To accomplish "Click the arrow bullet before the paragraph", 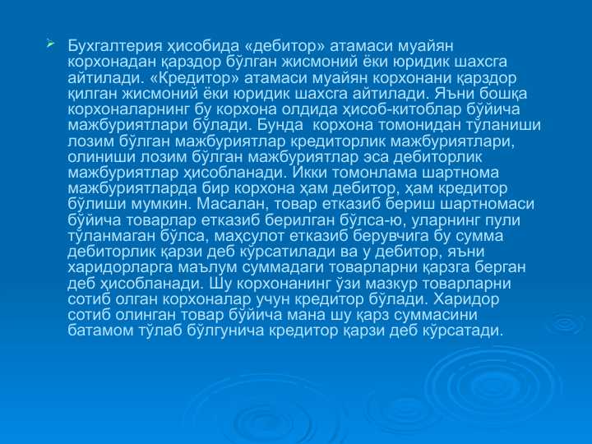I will (x=50, y=41).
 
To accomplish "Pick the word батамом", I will (x=102, y=331).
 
